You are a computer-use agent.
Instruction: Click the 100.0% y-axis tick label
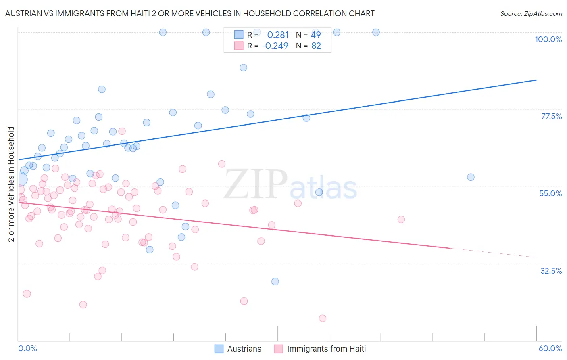coord(548,39)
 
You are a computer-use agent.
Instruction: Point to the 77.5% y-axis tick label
coord(551,116)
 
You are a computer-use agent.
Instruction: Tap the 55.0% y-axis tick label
coord(550,193)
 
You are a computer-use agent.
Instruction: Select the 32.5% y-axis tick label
coord(551,271)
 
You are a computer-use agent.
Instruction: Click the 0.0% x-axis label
coord(27,348)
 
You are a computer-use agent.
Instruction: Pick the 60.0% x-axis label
coord(550,348)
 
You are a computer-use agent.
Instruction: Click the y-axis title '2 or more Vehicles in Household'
coord(11,184)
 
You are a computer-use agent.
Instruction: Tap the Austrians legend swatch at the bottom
coord(219,349)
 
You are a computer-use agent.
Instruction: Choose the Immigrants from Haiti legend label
coord(326,349)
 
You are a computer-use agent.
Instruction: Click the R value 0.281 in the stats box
coord(278,35)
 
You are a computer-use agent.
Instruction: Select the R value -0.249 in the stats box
coord(275,46)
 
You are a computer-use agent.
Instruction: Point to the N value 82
coord(316,46)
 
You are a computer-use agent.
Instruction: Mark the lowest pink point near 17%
coord(323,318)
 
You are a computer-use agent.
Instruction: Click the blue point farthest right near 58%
coord(471,177)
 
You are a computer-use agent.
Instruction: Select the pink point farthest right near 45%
coord(401,220)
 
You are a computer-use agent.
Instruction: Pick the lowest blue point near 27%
coord(275,281)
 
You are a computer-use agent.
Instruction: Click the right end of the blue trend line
coord(536,80)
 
